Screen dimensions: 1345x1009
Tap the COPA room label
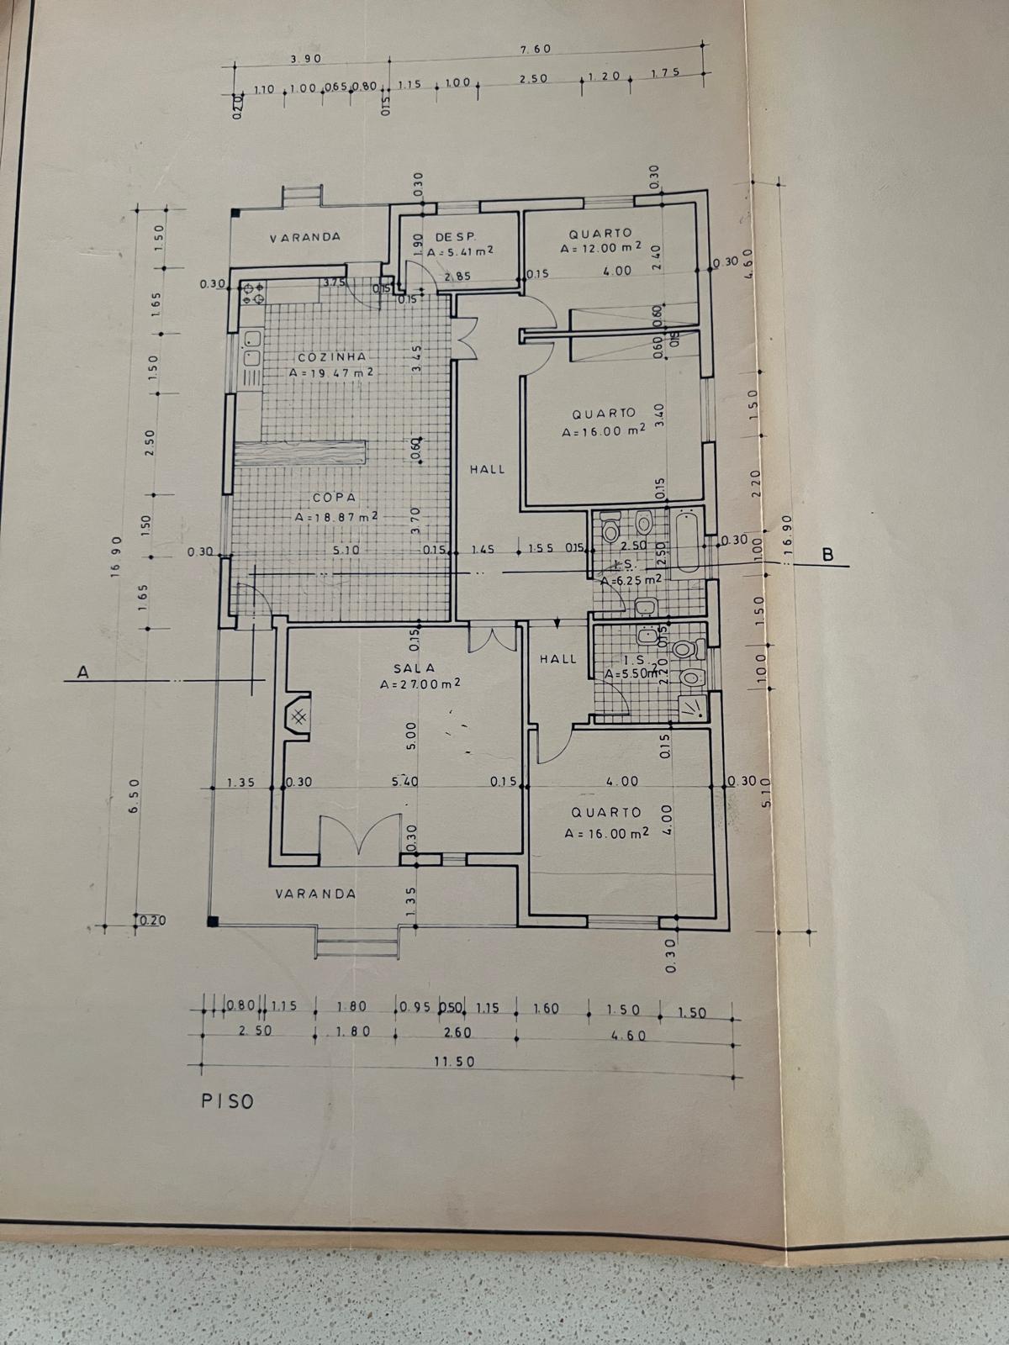coord(335,498)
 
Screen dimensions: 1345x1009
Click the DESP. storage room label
coord(456,238)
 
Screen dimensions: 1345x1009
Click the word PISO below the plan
coord(227,1101)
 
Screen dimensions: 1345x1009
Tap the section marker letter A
coord(82,672)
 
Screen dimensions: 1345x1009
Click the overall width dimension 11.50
coord(454,1062)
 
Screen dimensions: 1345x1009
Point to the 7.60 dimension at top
coord(536,49)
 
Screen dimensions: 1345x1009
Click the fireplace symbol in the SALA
coord(298,716)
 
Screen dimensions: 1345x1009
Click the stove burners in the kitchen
coord(253,291)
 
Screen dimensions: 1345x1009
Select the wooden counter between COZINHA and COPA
coord(300,453)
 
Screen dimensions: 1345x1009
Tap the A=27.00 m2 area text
coord(420,684)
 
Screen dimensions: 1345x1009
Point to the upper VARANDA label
coord(304,237)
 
